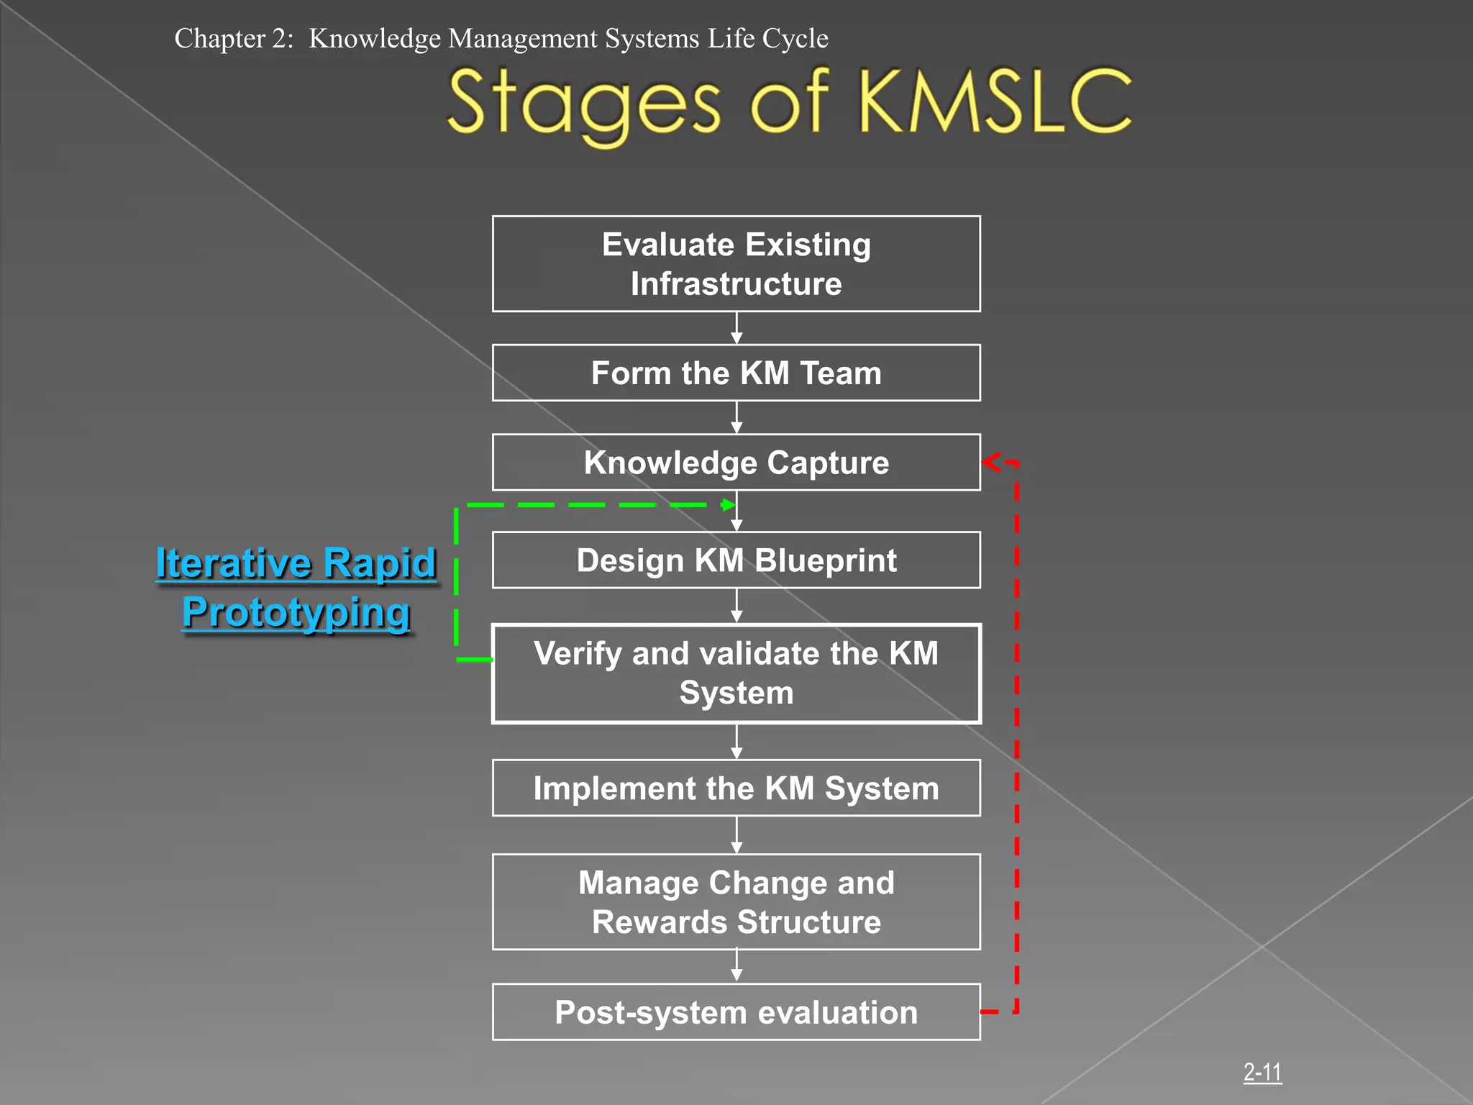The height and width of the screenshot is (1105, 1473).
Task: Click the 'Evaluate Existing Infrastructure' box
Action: pos(736,263)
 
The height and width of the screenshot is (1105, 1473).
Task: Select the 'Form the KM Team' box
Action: pos(736,373)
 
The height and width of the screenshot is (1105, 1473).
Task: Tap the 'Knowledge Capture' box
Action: pos(736,462)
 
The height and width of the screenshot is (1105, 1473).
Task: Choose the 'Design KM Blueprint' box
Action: pos(736,560)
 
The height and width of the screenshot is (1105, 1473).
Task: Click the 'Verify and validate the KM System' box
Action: pos(736,673)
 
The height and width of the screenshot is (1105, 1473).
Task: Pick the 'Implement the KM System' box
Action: pos(736,788)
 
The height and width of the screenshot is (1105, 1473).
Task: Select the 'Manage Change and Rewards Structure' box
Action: pos(736,902)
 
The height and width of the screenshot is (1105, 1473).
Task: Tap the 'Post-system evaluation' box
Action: pos(736,1012)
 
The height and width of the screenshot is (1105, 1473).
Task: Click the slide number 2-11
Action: pos(1262,1073)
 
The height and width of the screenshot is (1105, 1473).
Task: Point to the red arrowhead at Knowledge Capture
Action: pos(991,462)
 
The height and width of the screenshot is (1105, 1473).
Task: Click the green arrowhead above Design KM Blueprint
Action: pos(727,505)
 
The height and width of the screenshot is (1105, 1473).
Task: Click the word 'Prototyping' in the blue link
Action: pos(296,613)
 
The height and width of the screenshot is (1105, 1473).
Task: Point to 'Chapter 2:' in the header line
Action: pos(234,38)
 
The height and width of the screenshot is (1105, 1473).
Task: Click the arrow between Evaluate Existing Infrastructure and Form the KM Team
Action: pos(736,329)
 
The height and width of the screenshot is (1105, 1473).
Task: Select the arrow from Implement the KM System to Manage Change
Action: pos(736,835)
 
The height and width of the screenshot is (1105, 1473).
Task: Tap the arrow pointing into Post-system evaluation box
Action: pos(736,966)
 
